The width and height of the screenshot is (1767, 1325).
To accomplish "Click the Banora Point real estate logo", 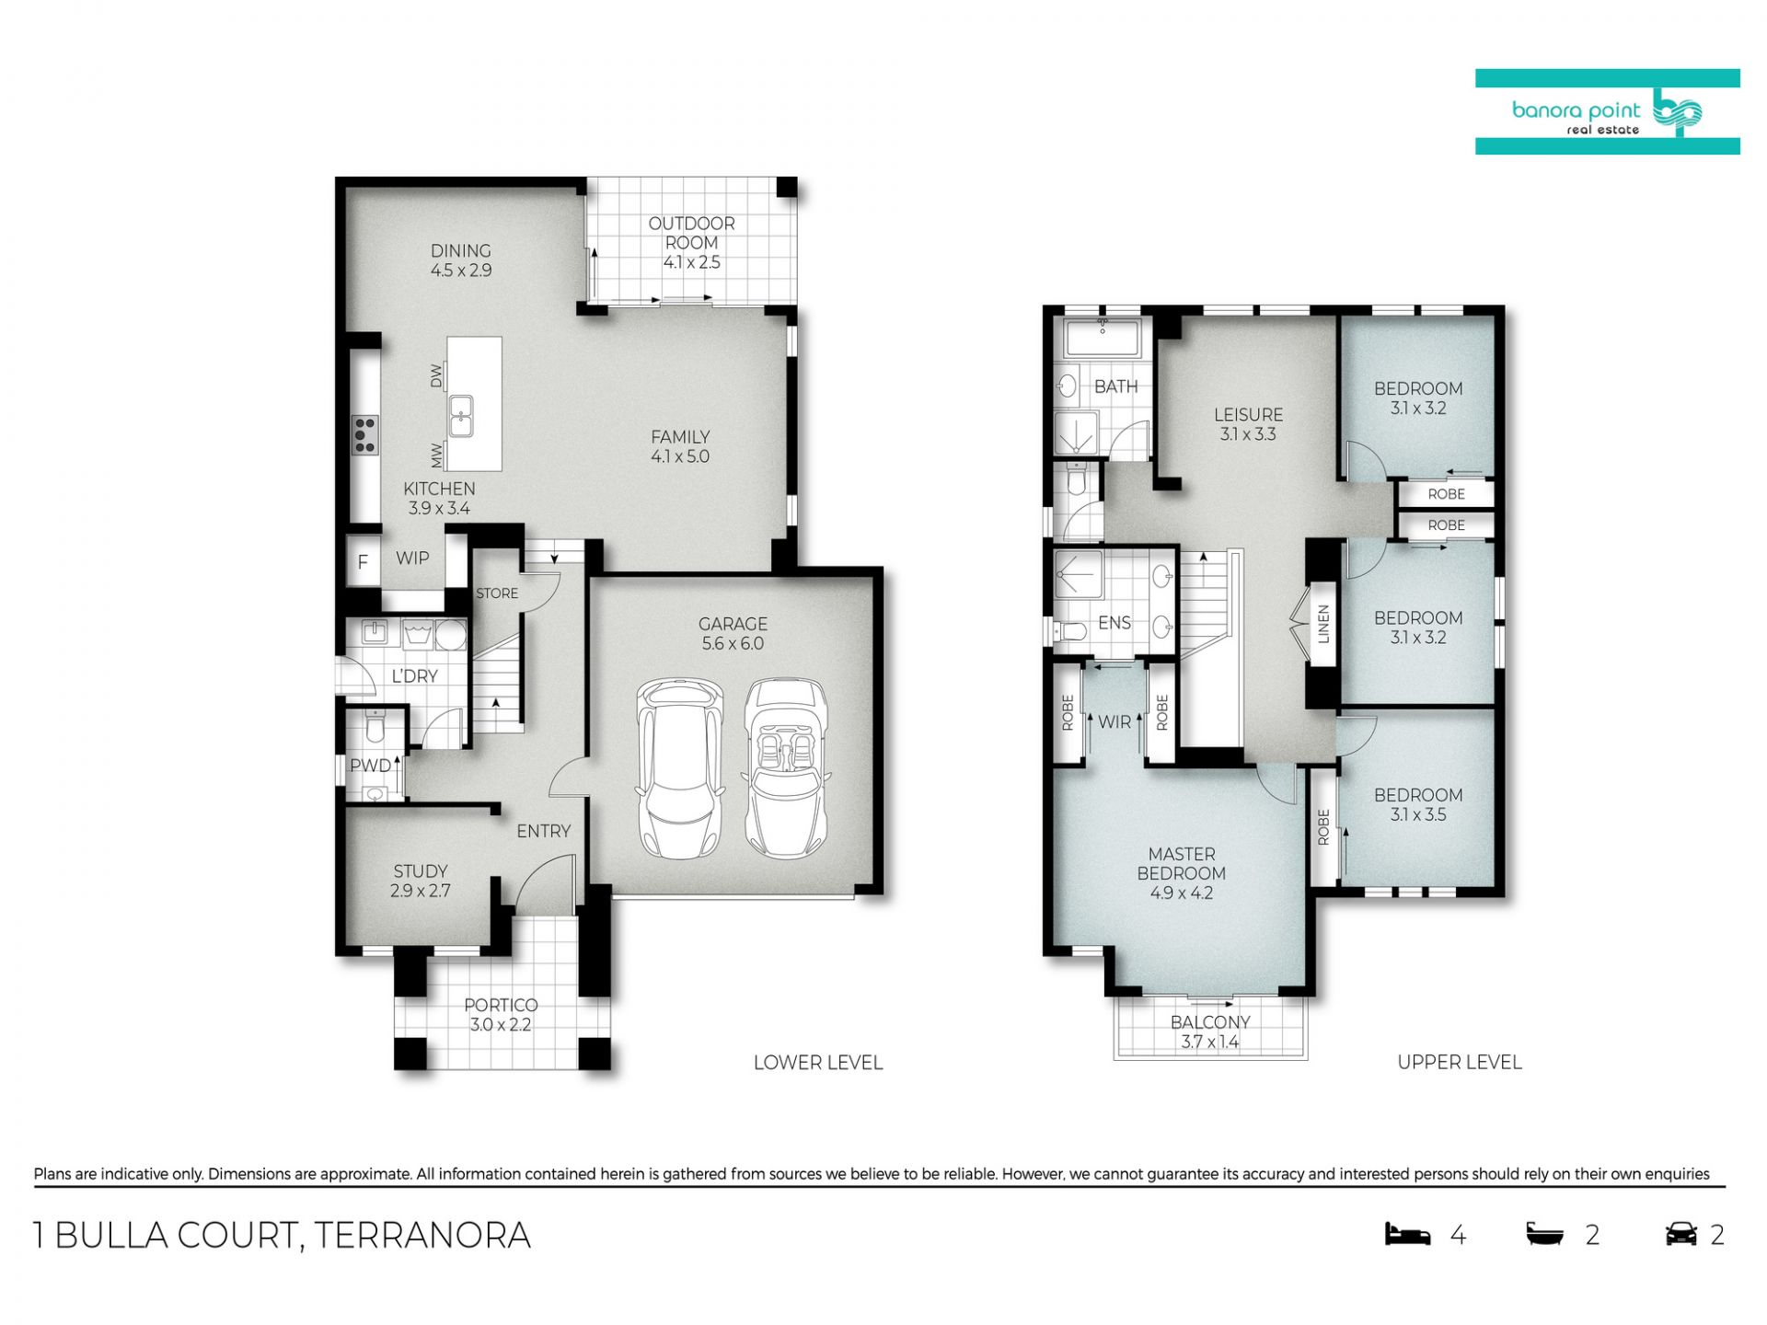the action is click(1607, 111).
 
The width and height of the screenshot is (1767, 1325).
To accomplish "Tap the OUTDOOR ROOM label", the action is click(691, 233).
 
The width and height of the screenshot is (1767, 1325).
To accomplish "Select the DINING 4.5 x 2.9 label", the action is click(461, 260).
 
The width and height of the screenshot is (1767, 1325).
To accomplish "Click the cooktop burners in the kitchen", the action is click(364, 435).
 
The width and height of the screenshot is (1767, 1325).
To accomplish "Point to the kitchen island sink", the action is click(461, 415).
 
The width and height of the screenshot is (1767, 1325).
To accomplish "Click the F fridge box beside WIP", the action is click(363, 561).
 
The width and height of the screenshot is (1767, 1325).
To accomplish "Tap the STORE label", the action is click(497, 593).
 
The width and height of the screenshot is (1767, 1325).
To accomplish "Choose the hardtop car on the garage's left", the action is click(679, 769).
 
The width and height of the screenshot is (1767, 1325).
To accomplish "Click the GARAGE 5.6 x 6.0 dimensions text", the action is click(733, 644).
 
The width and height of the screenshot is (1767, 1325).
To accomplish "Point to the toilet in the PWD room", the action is click(375, 727).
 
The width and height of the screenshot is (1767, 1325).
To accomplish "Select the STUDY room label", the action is click(421, 871).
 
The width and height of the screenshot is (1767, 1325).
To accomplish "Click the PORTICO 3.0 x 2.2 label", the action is click(501, 1015).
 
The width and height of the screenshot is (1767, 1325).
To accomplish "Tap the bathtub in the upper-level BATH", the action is click(1102, 339).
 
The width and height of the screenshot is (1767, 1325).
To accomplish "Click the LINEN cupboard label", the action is click(1323, 623).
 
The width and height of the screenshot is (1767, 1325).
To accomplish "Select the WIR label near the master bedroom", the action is click(1114, 722).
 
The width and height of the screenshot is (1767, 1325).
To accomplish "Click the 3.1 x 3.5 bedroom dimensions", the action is click(1418, 814).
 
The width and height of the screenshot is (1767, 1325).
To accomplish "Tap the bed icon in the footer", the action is click(1408, 1234).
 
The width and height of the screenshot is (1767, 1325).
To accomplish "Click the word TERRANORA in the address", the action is click(422, 1235).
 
